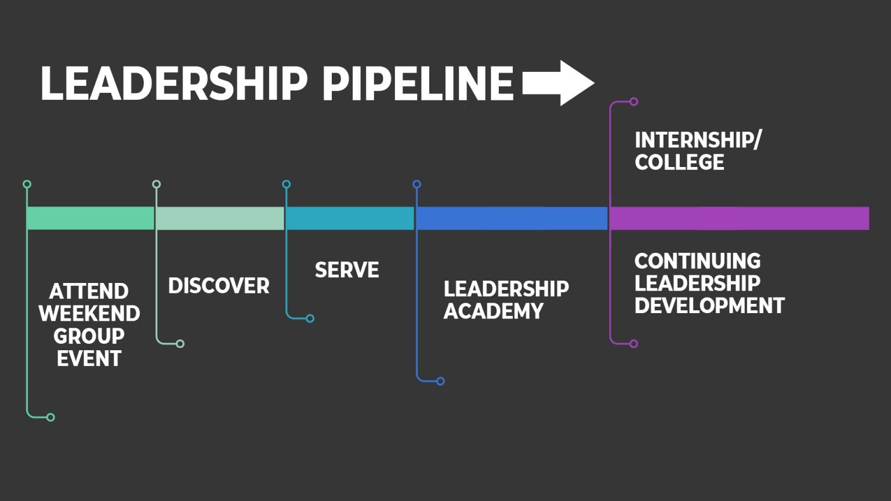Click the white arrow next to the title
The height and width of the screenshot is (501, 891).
click(x=558, y=83)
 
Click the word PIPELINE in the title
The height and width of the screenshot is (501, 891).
click(x=418, y=83)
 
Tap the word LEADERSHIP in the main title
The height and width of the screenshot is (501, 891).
click(x=173, y=83)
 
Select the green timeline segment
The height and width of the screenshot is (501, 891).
click(x=90, y=218)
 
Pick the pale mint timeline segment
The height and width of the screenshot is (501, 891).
click(x=220, y=218)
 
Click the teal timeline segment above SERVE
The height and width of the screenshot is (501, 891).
click(x=350, y=218)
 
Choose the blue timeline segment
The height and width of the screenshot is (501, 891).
click(x=512, y=218)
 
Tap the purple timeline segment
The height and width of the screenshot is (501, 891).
click(x=739, y=218)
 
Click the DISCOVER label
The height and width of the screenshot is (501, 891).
click(x=219, y=286)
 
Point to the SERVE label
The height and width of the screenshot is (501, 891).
click(x=347, y=270)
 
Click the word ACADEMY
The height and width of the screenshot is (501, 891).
click(x=494, y=311)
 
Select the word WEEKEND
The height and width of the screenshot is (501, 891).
click(x=89, y=314)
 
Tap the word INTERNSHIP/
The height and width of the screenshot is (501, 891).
click(x=698, y=140)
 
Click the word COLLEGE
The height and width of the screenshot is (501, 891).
click(x=679, y=162)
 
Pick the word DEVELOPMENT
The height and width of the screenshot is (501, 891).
click(x=709, y=306)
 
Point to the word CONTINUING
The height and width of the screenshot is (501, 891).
click(x=697, y=261)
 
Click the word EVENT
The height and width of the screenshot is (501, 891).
click(x=89, y=358)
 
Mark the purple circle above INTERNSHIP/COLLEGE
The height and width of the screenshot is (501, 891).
click(x=633, y=101)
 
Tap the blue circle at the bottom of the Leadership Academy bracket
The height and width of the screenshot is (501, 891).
click(x=440, y=381)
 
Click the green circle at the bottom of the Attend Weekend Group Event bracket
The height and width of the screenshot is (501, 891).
click(x=50, y=417)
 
